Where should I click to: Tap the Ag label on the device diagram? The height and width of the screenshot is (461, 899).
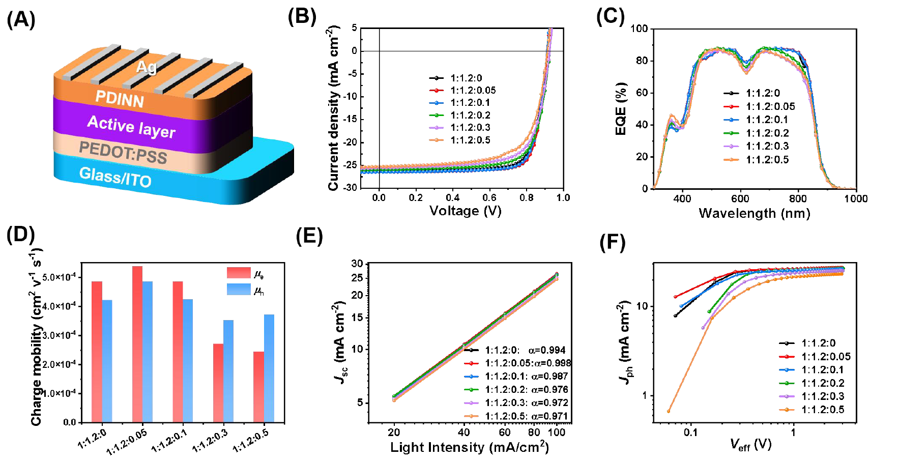[146, 67]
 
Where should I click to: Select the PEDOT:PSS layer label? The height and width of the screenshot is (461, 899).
[123, 152]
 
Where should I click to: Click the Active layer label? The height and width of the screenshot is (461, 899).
[131, 126]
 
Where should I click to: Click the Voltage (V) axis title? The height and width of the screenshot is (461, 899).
[465, 211]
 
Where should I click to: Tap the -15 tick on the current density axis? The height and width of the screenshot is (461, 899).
[350, 120]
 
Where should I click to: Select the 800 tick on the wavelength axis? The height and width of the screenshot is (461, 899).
[798, 198]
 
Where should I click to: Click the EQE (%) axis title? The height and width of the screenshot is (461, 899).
[621, 109]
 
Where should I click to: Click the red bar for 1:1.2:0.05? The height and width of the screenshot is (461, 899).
[137, 344]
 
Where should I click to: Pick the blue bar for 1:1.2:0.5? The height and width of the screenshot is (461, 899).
[269, 368]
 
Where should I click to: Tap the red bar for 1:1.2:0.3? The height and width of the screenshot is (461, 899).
[218, 383]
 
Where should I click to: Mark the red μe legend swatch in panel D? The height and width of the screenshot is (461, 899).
[239, 273]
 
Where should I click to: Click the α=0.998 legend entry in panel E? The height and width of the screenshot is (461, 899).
[527, 363]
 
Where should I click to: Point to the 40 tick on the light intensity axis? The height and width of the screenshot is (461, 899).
[464, 433]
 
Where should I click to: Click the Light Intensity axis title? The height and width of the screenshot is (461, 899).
[469, 447]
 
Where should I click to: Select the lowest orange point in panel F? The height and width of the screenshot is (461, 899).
[669, 411]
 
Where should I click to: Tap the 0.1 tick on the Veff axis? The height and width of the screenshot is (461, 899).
[690, 433]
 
